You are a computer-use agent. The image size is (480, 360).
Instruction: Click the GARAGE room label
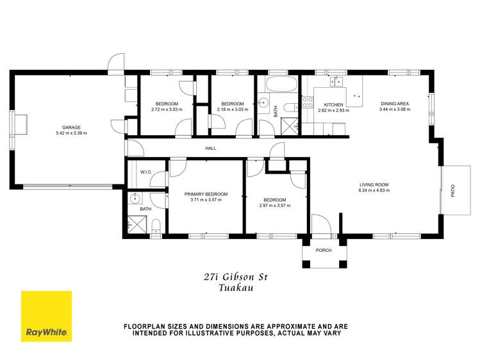click(71, 127)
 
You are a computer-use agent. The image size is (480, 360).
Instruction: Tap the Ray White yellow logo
click(47, 316)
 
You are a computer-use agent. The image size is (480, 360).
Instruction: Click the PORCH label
click(324, 250)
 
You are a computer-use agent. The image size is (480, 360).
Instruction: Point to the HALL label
click(210, 148)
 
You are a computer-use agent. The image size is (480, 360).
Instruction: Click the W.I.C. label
click(145, 172)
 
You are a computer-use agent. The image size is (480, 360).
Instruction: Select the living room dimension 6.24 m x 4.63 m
click(374, 191)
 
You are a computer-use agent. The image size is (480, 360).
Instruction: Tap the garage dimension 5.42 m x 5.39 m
click(71, 133)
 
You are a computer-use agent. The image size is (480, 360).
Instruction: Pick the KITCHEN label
click(333, 104)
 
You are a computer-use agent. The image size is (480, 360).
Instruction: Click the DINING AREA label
click(394, 104)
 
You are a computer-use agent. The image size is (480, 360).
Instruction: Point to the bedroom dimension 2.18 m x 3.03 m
click(233, 110)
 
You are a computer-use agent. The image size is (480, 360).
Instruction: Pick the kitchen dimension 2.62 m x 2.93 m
click(333, 110)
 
